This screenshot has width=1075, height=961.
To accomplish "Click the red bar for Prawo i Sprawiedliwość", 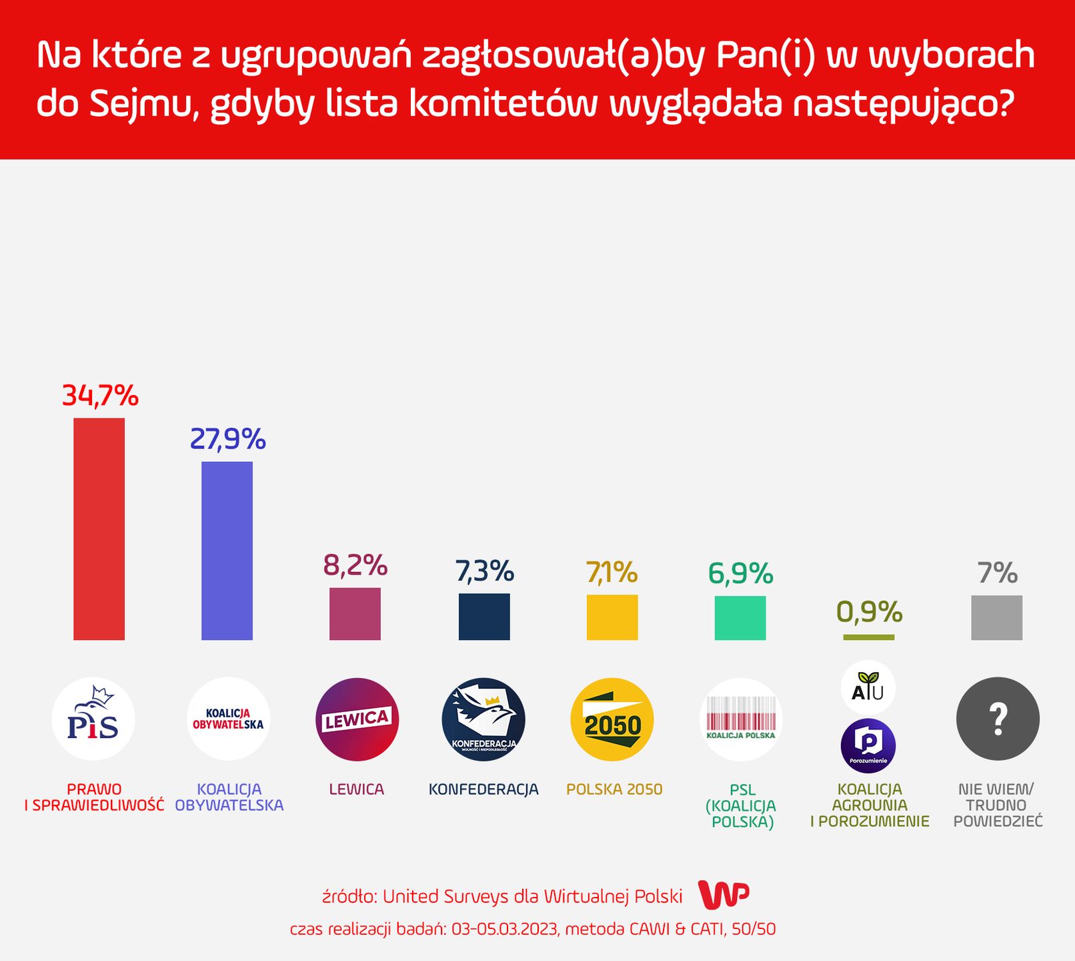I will pyautogui.click(x=99, y=529).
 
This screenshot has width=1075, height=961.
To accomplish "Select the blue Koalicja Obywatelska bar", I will pyautogui.click(x=227, y=551).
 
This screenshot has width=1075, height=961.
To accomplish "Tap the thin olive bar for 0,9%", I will pyautogui.click(x=868, y=637).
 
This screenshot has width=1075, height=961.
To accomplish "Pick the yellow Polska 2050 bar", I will pyautogui.click(x=612, y=617).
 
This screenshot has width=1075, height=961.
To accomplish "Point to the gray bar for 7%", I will pyautogui.click(x=996, y=617).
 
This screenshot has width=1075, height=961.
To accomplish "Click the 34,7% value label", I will pyautogui.click(x=100, y=396).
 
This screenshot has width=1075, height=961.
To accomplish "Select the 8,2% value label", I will pyautogui.click(x=355, y=565).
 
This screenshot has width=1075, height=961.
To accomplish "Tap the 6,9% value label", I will pyautogui.click(x=740, y=573).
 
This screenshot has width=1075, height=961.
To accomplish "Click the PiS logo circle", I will pyautogui.click(x=93, y=719).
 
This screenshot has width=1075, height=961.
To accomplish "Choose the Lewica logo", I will pyautogui.click(x=357, y=719).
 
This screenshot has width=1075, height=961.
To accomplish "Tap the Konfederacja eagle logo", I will pyautogui.click(x=483, y=719).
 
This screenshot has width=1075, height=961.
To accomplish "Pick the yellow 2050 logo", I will pyautogui.click(x=612, y=719).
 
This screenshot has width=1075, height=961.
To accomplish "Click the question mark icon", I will pyautogui.click(x=998, y=719).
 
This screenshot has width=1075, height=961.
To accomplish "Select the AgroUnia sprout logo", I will pyautogui.click(x=868, y=687).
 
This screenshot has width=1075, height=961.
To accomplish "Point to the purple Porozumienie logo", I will pyautogui.click(x=868, y=745).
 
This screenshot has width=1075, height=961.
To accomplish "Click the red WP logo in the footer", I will pyautogui.click(x=724, y=895).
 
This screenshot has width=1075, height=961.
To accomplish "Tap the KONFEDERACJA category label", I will pyautogui.click(x=483, y=789).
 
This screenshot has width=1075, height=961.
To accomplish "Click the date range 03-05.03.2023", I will pyautogui.click(x=504, y=929).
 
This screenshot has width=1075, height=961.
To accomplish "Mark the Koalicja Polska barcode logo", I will pyautogui.click(x=740, y=719).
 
